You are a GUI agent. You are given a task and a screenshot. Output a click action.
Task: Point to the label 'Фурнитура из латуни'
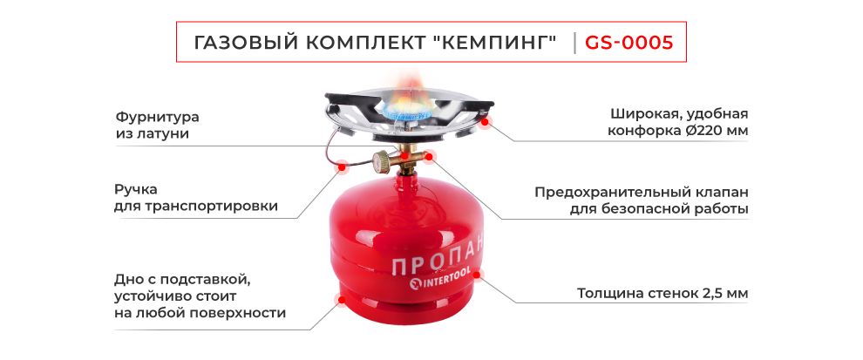(157, 125)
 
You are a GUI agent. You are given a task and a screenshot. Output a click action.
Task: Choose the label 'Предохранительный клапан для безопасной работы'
(641, 200)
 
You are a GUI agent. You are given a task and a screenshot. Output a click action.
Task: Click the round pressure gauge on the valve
(383, 161)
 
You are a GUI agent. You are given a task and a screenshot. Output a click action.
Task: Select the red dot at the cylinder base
(339, 301)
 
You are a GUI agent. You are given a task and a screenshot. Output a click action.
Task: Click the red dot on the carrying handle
(343, 165)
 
